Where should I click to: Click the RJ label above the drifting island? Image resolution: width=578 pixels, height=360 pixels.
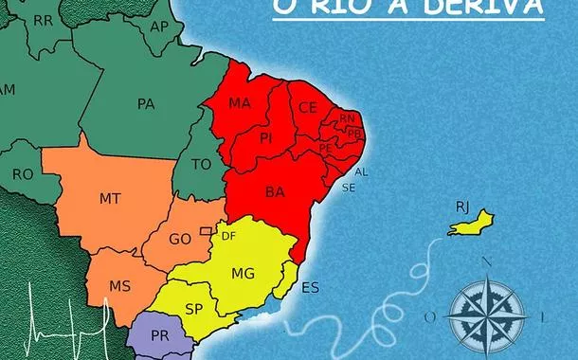(x=461, y=206)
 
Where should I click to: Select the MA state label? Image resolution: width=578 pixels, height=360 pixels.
(x=240, y=102)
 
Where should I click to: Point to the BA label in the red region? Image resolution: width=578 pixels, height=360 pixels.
(x=275, y=192)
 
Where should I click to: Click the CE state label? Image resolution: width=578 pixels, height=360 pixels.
(x=308, y=107)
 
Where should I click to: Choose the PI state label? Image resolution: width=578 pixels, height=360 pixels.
(x=267, y=138)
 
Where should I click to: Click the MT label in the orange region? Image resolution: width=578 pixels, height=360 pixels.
(x=109, y=199)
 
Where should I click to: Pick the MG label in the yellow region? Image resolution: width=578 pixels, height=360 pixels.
(x=244, y=274)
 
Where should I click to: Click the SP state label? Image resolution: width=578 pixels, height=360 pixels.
(x=195, y=309)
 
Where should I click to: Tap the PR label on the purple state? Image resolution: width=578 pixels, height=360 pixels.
(x=159, y=336)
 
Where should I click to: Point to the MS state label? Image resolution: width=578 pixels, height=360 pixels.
(x=119, y=286)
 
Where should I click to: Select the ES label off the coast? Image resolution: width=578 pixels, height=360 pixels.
(x=310, y=288)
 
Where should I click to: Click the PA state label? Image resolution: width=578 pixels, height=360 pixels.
(x=146, y=104)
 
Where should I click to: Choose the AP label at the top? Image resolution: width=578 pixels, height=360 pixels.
(x=159, y=26)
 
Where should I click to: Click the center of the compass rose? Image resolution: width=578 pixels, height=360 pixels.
(x=488, y=311)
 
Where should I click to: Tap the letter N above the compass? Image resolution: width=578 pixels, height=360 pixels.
(x=487, y=262)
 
